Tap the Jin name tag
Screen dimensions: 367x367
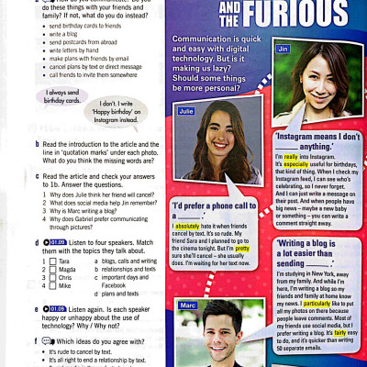tap(283, 47)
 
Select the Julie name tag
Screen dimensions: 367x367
tap(187, 111)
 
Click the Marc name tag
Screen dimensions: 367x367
tap(187, 304)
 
